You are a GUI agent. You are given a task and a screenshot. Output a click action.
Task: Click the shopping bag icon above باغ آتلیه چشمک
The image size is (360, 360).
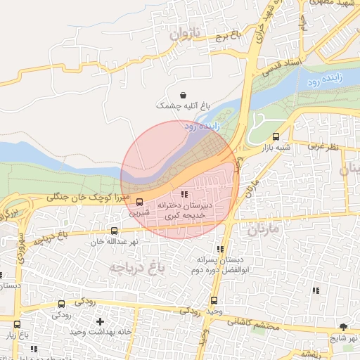(x=184, y=95)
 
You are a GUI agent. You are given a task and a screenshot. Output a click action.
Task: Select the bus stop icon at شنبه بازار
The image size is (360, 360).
(x=275, y=137)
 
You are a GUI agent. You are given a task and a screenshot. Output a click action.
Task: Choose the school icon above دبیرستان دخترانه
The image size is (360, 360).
(x=184, y=194)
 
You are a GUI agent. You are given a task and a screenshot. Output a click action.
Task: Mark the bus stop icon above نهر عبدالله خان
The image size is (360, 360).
(x=115, y=230)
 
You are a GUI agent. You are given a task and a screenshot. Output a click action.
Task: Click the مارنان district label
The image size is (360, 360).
(x=263, y=228)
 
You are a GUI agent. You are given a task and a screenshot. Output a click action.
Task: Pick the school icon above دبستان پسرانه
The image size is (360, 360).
(x=221, y=249)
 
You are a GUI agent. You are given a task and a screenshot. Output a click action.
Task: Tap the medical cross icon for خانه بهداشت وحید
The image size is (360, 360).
(x=101, y=321)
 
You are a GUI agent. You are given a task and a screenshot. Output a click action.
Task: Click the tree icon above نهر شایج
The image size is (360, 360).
(x=343, y=327)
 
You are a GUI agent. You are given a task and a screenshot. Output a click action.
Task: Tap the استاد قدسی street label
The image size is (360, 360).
(x=283, y=67)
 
